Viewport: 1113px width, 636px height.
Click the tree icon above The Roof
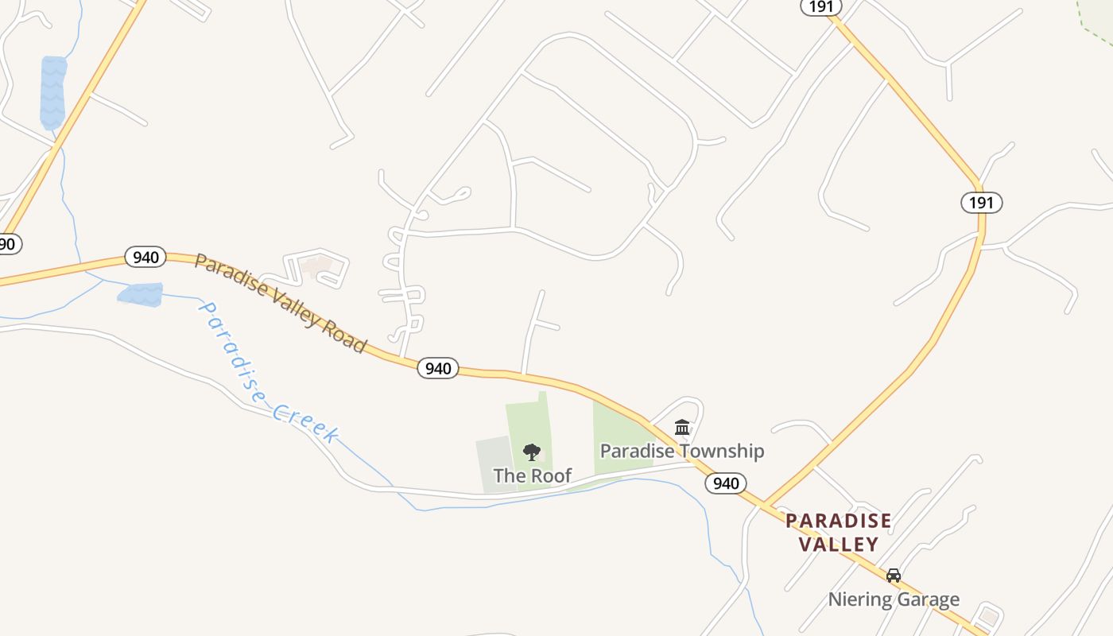[532, 452]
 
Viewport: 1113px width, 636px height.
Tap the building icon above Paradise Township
[682, 428]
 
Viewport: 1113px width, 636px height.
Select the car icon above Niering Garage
[894, 575]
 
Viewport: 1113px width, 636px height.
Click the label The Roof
[532, 475]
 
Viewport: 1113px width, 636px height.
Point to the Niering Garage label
[894, 599]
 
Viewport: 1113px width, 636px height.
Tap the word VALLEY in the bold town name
[838, 545]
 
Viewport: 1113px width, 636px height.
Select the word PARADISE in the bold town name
[838, 521]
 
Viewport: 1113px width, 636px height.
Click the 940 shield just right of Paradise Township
[725, 483]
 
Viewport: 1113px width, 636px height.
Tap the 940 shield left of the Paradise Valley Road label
[145, 257]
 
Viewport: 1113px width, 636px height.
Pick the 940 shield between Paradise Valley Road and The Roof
[438, 368]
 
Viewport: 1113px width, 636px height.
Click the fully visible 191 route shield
[981, 202]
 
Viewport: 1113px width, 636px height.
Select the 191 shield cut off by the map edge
[820, 6]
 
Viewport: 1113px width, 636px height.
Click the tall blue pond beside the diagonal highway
[53, 92]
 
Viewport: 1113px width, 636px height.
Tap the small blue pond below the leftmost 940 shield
[141, 294]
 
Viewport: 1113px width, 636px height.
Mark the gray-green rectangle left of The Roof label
[493, 463]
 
